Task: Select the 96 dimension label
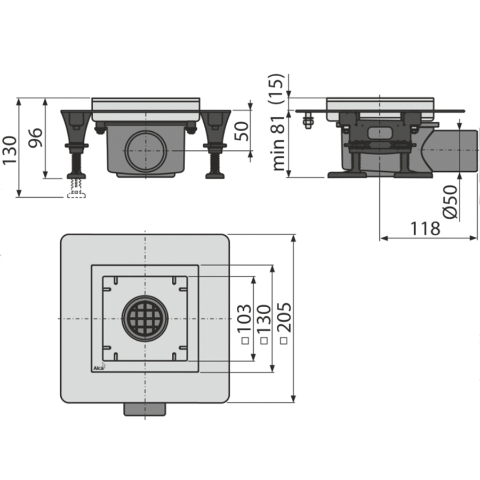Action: coord(36,138)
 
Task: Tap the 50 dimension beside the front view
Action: coord(242,131)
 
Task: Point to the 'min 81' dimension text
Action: coord(278,143)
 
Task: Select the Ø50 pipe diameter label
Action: coord(450,202)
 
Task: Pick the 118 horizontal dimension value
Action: coord(425,228)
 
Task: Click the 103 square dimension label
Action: coord(245,318)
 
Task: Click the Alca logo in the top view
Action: coord(99,367)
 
